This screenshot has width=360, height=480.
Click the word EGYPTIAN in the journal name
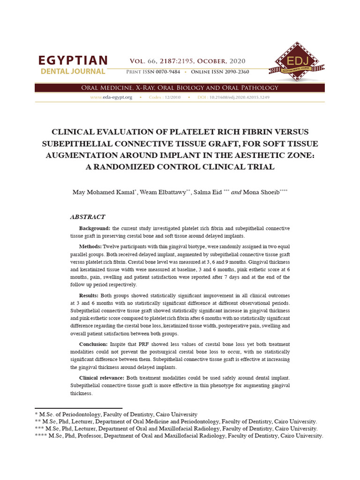coord(73,60)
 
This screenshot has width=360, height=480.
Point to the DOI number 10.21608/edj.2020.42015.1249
coord(240,97)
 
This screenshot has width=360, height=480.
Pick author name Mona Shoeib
coord(262,193)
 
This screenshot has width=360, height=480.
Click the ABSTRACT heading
coord(88,217)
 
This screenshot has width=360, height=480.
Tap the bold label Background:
coord(95,228)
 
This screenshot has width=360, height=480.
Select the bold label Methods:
coord(90,246)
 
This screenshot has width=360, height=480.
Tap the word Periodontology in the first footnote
coord(85,414)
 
